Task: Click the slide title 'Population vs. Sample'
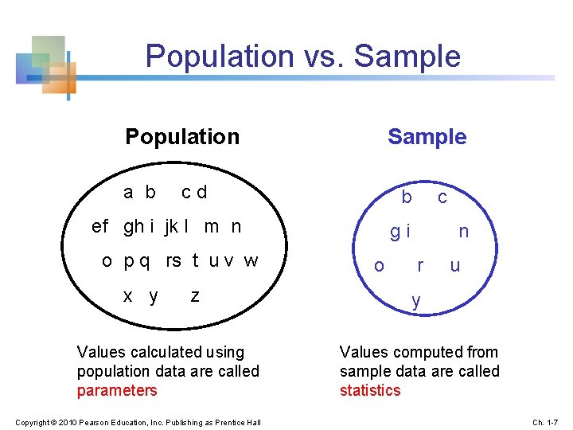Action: [x=302, y=57]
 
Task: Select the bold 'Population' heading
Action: [x=182, y=137]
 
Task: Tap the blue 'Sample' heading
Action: [x=427, y=137]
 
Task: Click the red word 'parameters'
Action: [x=117, y=390]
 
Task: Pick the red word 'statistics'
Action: [x=370, y=390]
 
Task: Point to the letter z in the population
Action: [x=195, y=296]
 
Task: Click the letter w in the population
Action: [x=251, y=261]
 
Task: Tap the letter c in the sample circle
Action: [x=442, y=197]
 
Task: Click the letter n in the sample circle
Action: [x=463, y=232]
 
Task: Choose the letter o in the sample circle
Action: [x=379, y=265]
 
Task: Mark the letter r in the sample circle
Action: [x=420, y=265]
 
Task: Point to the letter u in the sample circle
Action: [x=454, y=265]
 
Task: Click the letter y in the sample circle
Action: [x=415, y=301]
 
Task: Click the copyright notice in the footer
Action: [x=138, y=421]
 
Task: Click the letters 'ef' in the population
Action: [x=100, y=226]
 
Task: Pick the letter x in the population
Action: [x=127, y=296]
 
